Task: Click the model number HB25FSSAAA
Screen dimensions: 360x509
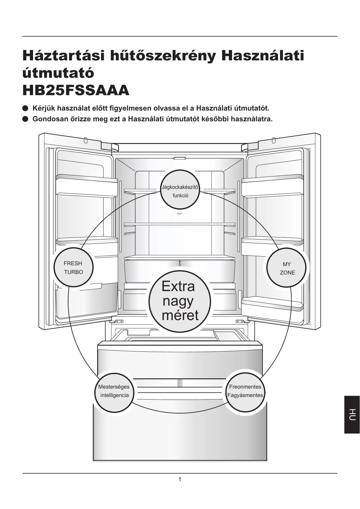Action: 76,91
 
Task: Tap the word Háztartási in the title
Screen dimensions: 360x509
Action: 64,56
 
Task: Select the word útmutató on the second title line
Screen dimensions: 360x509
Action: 58,73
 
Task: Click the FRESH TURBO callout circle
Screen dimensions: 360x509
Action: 73,268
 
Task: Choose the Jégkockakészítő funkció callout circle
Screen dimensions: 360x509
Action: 180,191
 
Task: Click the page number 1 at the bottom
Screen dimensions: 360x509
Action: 180,479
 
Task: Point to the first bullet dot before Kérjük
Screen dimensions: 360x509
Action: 25,109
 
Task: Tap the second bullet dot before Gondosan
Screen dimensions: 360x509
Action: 25,119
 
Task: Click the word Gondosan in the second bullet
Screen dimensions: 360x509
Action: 49,119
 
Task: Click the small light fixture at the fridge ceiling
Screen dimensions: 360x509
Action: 180,158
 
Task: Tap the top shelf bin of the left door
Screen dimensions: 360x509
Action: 86,186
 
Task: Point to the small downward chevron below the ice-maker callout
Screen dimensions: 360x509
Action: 180,214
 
